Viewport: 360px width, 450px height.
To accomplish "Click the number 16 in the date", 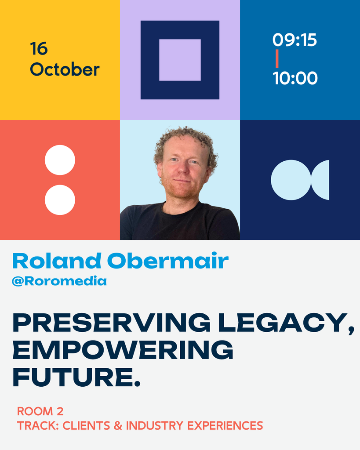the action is (39, 49).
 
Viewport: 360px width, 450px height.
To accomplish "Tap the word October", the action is (65, 69).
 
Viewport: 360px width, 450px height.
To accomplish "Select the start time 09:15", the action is (295, 40).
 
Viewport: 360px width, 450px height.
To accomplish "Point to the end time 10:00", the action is (295, 78).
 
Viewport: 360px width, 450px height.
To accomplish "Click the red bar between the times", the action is (277, 59).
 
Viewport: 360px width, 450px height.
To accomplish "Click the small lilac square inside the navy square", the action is (180, 60).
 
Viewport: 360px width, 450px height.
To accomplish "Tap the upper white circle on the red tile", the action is (60, 160).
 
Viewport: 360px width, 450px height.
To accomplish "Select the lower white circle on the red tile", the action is (60, 200).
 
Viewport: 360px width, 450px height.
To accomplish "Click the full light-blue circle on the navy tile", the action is (291, 180).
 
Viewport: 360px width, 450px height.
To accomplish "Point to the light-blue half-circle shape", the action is (321, 180).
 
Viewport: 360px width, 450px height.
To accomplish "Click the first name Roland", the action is (57, 261).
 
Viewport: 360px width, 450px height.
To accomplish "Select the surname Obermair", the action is (168, 261).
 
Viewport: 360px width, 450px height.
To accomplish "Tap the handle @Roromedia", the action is (59, 281).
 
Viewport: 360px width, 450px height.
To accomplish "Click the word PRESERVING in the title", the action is (112, 323).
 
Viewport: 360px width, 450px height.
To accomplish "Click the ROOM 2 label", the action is (40, 411).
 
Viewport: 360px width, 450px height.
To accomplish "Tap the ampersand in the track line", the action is (118, 425).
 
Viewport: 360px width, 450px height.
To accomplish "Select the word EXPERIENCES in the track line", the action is (225, 425).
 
